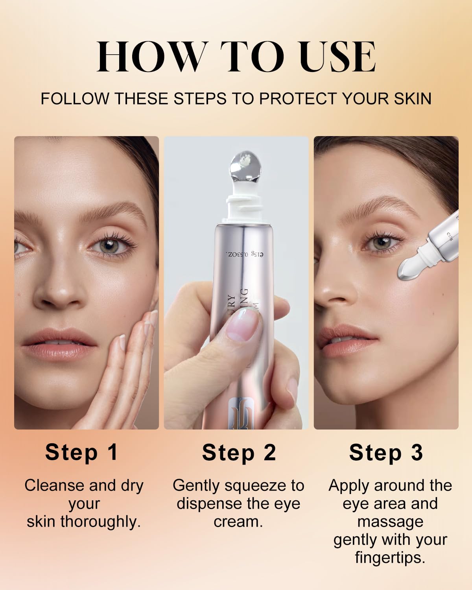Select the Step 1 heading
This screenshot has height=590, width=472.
point(82,452)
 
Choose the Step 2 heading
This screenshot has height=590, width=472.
point(239,453)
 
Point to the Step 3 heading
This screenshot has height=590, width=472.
point(386,453)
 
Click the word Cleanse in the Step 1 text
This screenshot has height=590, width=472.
point(55,485)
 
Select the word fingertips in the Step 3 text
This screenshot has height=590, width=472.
point(389,558)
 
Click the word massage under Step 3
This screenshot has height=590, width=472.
point(390,522)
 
